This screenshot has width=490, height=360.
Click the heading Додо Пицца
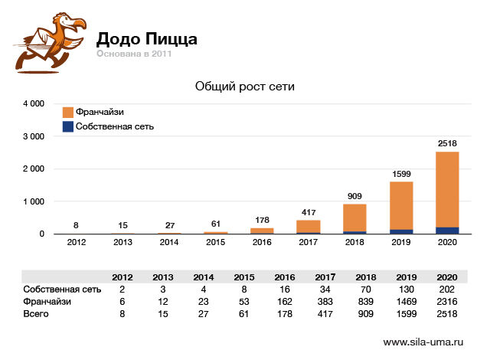pyautogui.click(x=146, y=38)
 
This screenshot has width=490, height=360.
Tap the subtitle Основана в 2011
pyautogui.click(x=134, y=54)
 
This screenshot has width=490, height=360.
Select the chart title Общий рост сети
pyautogui.click(x=245, y=87)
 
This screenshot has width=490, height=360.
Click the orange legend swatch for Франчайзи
pyautogui.click(x=67, y=111)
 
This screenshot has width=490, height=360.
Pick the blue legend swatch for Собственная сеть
pyautogui.click(x=67, y=126)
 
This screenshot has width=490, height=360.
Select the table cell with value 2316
pyautogui.click(x=446, y=301)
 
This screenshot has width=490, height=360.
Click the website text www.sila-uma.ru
pyautogui.click(x=423, y=342)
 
